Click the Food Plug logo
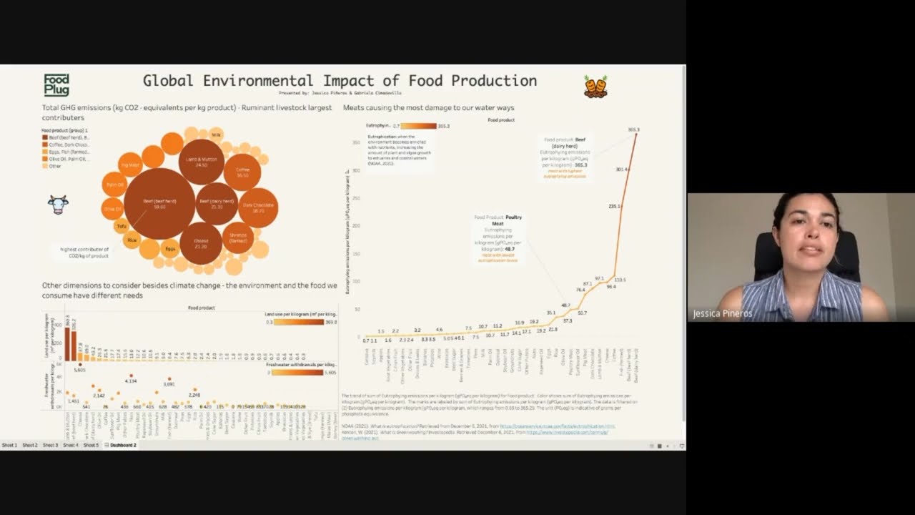click(x=56, y=85)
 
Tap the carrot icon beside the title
click(x=595, y=87)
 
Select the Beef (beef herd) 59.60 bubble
click(x=159, y=203)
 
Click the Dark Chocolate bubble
click(x=258, y=207)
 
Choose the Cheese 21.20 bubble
click(x=201, y=244)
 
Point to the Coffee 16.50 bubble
click(x=242, y=172)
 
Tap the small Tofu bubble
click(x=121, y=227)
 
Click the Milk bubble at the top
click(x=216, y=134)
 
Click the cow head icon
click(x=58, y=205)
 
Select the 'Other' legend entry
click(x=54, y=166)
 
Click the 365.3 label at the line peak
click(x=633, y=129)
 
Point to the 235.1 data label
click(x=614, y=206)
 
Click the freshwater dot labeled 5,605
click(x=79, y=364)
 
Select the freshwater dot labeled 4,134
click(x=131, y=376)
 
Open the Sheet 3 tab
click(x=50, y=445)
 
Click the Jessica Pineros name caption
click(x=722, y=313)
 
